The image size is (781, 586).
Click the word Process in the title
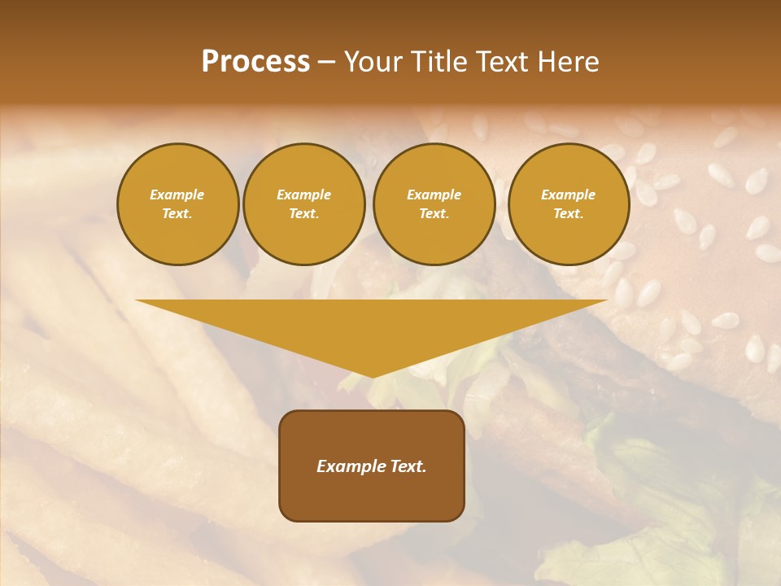255,62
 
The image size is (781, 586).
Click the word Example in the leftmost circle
177,195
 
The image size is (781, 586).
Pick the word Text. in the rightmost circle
568,214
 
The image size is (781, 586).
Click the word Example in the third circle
434,195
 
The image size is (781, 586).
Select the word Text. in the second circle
303,214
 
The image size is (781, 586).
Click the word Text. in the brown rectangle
408,466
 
